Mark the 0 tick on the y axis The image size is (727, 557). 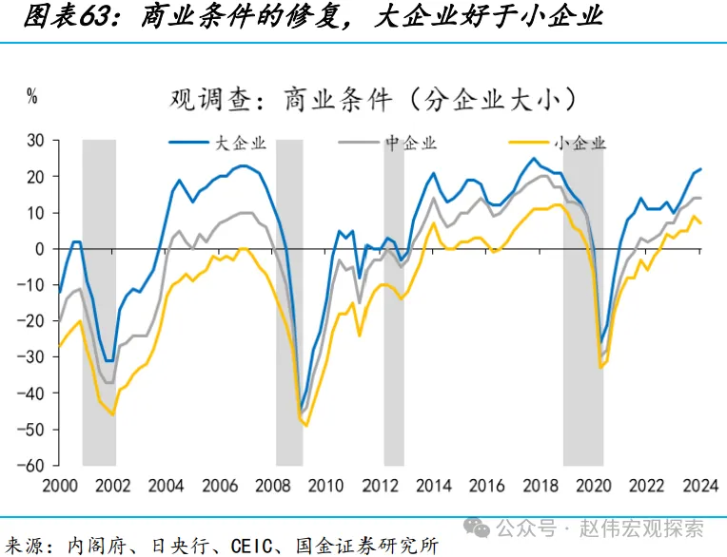41,249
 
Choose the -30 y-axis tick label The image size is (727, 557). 33,356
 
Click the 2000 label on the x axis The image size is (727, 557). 59,485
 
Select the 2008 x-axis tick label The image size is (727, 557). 274,485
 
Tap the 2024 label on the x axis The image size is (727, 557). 700,485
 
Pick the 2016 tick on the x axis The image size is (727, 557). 487,485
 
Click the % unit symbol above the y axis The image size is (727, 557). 32,95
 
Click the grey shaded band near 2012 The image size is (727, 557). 393,302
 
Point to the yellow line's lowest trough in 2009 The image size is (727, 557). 305,425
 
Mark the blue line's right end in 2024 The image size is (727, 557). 700,169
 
